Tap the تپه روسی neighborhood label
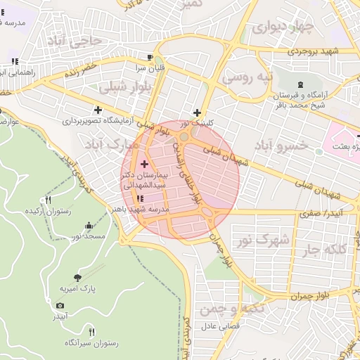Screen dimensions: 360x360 [x=246, y=77]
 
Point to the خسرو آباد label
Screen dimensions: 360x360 [x=281, y=145]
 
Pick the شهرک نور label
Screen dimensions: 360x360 [x=264, y=240]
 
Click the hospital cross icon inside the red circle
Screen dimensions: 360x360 [x=144, y=163]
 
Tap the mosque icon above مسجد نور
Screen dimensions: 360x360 [x=89, y=226]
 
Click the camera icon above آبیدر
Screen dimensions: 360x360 [x=60, y=306]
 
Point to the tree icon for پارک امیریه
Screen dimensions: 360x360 [x=77, y=277]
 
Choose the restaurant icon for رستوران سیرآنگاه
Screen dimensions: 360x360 [x=91, y=331]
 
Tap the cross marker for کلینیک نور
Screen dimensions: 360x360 [x=197, y=112]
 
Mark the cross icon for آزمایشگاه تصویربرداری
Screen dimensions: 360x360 [x=98, y=110]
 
